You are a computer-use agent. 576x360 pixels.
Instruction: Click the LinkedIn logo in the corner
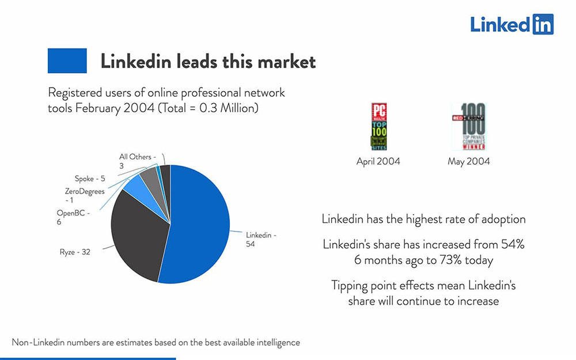pos(511,24)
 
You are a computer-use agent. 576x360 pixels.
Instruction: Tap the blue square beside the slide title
pos(67,60)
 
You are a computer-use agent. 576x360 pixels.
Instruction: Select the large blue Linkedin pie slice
pos(199,225)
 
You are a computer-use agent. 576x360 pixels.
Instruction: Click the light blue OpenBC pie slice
pos(137,185)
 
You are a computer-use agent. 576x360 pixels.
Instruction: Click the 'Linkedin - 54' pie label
pos(261,240)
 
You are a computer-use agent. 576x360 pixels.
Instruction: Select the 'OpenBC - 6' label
pos(73,217)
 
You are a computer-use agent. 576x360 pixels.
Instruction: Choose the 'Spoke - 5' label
pos(89,179)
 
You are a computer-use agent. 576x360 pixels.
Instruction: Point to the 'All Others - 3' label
pos(135,161)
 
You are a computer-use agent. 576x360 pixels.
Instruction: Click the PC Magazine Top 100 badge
pos(378,126)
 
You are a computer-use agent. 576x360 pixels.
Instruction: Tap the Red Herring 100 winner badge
pos(468,126)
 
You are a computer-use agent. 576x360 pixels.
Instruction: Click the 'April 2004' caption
pos(378,161)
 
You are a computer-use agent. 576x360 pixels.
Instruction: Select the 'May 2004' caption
pos(468,161)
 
